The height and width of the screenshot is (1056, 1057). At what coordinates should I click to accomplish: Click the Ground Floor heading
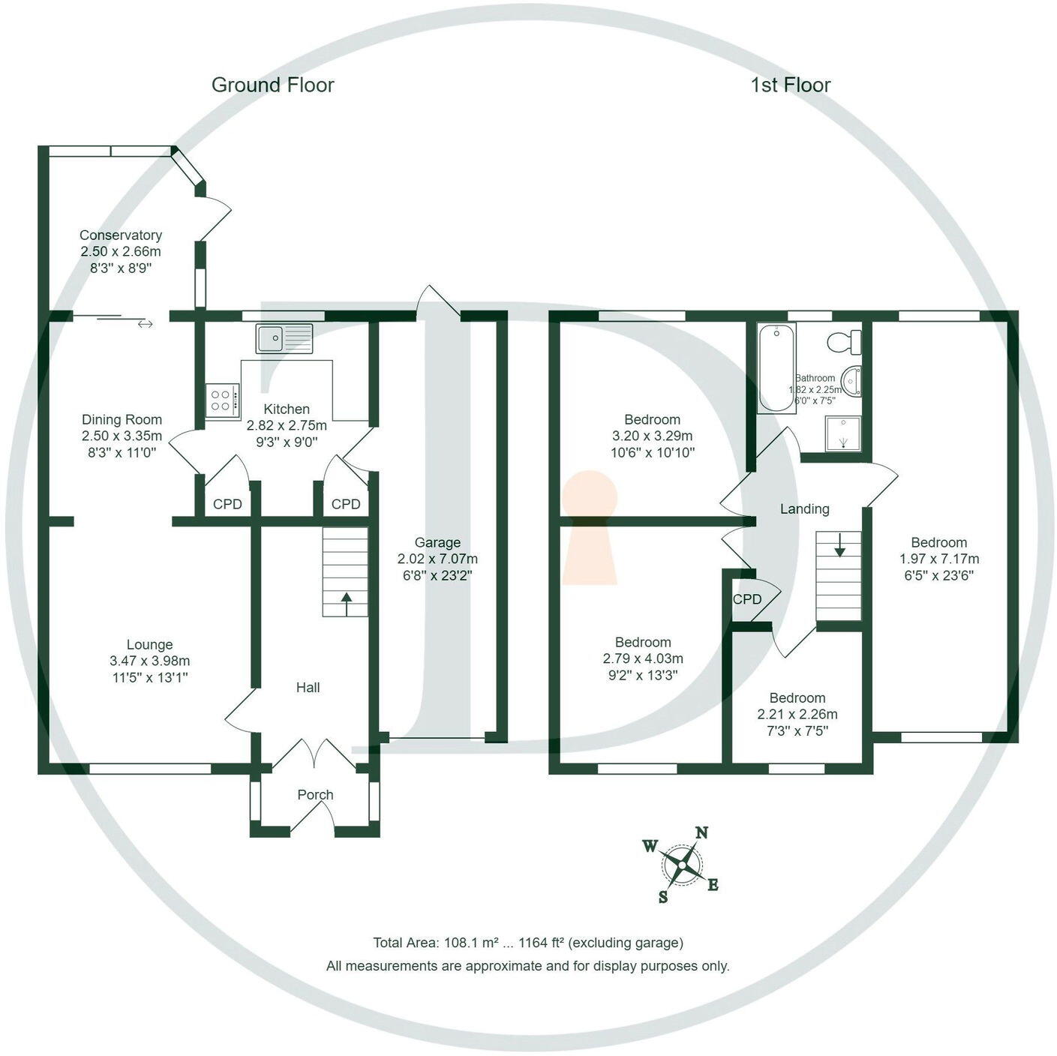[272, 85]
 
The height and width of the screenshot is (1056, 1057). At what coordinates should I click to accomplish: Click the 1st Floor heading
[791, 85]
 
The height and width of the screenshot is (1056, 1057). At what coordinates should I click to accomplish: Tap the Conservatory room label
[121, 235]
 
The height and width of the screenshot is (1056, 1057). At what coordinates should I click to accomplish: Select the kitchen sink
[284, 338]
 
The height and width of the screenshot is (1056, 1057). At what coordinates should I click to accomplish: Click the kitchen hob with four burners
[223, 400]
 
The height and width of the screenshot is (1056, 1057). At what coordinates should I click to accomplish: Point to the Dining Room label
[122, 420]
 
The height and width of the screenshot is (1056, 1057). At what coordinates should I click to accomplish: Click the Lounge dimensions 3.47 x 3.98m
[149, 661]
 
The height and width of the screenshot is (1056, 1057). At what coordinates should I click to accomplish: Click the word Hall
[308, 687]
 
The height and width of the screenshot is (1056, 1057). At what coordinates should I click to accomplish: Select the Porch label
[315, 794]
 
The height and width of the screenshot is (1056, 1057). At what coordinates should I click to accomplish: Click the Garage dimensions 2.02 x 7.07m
[437, 559]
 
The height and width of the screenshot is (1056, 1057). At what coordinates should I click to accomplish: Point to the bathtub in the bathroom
[776, 367]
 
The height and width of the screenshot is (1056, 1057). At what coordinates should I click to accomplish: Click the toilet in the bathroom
[845, 342]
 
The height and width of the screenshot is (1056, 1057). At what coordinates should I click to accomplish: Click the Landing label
[804, 509]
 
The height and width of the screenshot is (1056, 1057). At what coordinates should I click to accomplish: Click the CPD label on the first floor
[747, 599]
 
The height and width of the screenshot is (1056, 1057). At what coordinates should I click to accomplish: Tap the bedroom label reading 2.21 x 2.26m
[797, 714]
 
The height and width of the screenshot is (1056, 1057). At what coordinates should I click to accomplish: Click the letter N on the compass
[702, 832]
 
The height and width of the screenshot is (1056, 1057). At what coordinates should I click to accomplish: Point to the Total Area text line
[528, 943]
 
